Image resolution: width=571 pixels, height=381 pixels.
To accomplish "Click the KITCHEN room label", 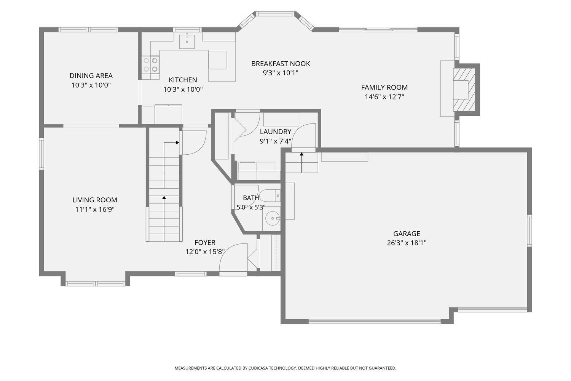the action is [x=183, y=80].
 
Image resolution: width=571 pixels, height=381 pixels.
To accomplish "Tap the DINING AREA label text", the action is [x=91, y=75].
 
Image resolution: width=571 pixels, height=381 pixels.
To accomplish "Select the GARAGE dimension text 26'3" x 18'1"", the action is [x=407, y=243].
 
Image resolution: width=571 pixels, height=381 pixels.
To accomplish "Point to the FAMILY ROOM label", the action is [x=384, y=87].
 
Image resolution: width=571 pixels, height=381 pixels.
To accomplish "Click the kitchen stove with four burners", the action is [x=150, y=65].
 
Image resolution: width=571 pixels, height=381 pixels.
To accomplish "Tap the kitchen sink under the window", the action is [x=187, y=42].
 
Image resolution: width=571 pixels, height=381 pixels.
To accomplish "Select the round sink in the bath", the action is [x=273, y=218].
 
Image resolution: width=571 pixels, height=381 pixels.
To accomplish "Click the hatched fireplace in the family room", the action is [x=464, y=90].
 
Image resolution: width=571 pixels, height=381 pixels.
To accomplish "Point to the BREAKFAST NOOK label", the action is [x=281, y=64].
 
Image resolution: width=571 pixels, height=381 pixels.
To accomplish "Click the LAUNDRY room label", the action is [x=275, y=132].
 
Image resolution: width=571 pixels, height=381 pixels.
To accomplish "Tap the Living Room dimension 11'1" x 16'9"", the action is [x=95, y=210].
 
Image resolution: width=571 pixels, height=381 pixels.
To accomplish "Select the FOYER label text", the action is [x=205, y=242].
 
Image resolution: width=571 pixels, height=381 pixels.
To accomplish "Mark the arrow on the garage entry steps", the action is [x=301, y=162].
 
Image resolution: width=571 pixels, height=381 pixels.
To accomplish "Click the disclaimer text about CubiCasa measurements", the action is [x=285, y=368].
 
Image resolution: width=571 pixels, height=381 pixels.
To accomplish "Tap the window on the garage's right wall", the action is [x=530, y=231].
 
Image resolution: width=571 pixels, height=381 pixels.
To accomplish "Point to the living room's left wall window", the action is [x=41, y=154].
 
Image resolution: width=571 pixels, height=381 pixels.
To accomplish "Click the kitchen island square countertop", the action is [x=218, y=60].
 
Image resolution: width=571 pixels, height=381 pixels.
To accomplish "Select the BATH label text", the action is [x=251, y=198].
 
